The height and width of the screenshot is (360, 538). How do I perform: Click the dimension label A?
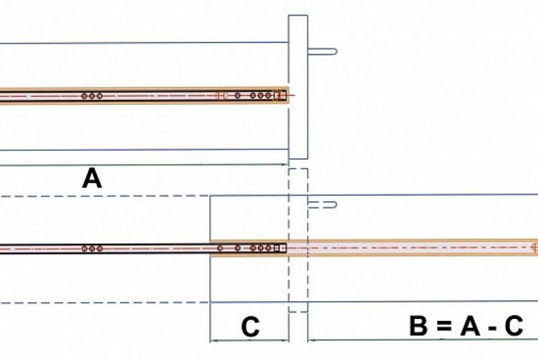92,179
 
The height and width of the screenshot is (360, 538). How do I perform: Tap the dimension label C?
250,327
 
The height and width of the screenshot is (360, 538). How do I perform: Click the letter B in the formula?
418,327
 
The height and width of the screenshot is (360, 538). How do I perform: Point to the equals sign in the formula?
440,327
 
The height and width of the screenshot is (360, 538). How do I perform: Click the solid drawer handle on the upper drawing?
322,51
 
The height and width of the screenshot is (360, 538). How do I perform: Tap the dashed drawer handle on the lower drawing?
322,204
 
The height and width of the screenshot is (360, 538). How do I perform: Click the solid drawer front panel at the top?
298,87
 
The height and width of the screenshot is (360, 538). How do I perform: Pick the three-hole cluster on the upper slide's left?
92,96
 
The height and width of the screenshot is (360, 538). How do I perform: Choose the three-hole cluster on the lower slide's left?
92,248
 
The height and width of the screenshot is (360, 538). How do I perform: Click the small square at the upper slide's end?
282,96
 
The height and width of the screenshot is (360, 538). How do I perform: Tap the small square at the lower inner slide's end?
282,248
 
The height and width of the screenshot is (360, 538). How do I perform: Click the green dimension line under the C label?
249,340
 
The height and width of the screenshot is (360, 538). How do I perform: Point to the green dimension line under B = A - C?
424,340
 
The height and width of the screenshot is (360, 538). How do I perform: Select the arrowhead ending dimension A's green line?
285,164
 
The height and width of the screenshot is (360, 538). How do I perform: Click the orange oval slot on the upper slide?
221,96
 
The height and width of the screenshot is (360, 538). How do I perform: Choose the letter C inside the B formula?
514,327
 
